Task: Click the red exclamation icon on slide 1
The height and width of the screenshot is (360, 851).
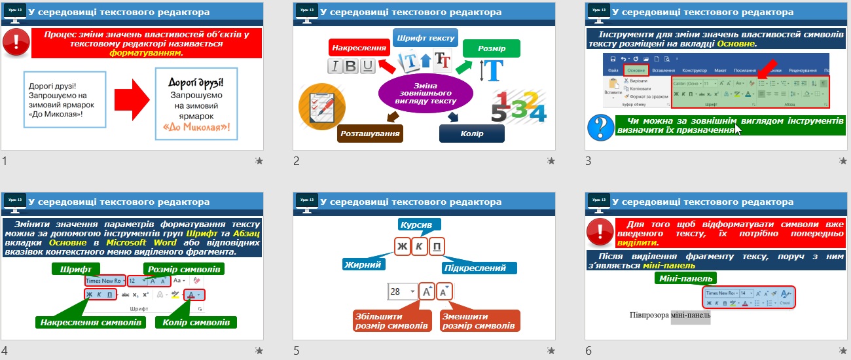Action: point(15,42)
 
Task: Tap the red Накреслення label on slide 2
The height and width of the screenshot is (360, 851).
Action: point(353,48)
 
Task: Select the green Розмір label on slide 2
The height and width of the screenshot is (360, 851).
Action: point(491,48)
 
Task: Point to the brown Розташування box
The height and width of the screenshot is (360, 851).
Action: point(370,134)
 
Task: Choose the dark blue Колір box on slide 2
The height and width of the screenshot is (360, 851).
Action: point(471,134)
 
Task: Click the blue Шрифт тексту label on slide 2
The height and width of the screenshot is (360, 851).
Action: point(425,38)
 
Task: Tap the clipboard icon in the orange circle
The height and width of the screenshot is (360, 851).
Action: point(317,103)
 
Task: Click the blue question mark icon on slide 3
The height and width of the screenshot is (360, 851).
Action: point(600,126)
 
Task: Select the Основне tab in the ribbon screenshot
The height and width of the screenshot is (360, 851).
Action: point(636,70)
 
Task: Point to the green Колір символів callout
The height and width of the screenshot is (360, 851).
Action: point(195,322)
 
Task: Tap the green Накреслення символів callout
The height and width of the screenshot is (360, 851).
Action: point(90,322)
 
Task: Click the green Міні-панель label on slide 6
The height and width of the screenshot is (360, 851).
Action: point(685,278)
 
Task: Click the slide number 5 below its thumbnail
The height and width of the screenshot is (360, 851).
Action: point(297,351)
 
